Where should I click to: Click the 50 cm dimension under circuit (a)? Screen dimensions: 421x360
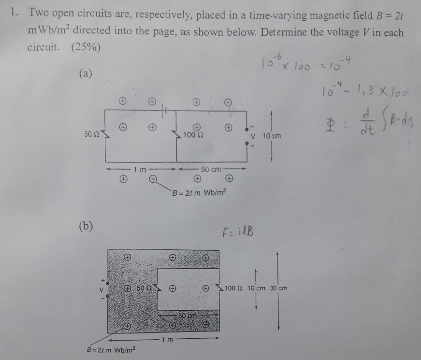pyautogui.click(x=211, y=170)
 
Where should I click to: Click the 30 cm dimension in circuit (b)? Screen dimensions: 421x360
pyautogui.click(x=278, y=288)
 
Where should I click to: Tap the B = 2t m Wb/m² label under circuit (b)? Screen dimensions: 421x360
pyautogui.click(x=112, y=349)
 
